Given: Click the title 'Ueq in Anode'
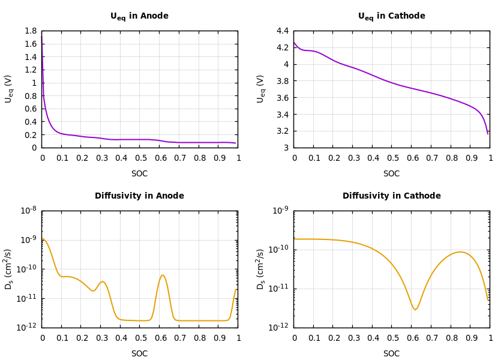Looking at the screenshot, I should point(139,16).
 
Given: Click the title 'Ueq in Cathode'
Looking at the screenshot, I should point(391,16).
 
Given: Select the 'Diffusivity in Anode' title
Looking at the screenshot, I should point(139,196).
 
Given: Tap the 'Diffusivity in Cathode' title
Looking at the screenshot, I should point(391,196).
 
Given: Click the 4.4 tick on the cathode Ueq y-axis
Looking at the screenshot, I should point(282,31).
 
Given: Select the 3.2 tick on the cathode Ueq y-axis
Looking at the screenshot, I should point(282,131).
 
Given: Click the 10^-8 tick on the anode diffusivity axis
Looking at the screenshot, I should point(28,211).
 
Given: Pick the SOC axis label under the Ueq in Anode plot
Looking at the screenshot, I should point(139,174).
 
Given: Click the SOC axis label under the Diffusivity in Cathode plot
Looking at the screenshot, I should point(391,354).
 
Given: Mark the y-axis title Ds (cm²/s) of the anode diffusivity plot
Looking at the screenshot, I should point(9,269).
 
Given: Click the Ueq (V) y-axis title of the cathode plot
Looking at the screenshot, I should point(261,89).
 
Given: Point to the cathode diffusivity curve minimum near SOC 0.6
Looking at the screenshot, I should point(415,310).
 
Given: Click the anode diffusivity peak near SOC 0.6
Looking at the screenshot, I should point(163,275).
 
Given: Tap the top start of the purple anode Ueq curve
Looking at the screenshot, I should point(41,35).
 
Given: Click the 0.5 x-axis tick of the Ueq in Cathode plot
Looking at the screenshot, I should point(392,158).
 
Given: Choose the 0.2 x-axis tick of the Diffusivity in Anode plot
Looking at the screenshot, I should point(82,338).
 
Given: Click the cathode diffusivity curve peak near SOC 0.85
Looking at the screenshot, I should point(460,252).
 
